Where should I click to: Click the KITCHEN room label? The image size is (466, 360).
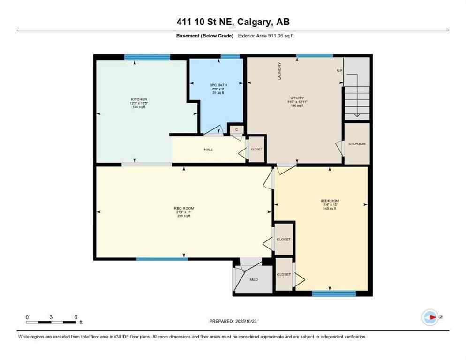(139, 99)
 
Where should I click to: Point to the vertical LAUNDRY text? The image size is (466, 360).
(280, 71)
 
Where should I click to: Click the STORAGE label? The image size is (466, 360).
(357, 143)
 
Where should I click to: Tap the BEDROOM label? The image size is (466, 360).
(329, 201)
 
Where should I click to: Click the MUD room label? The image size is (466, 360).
(254, 279)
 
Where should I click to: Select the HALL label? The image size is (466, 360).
(208, 150)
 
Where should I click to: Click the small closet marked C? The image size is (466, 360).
(237, 129)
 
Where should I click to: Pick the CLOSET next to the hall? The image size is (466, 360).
(256, 150)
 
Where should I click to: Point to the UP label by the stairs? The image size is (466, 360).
(339, 71)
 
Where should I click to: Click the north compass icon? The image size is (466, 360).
(430, 317)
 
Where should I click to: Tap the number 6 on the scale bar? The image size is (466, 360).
(75, 317)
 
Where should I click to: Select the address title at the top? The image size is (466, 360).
(233, 22)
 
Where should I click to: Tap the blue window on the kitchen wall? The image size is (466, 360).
(147, 57)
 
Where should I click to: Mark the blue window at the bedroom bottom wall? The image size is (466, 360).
(334, 293)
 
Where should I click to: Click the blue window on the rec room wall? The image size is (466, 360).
(162, 259)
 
